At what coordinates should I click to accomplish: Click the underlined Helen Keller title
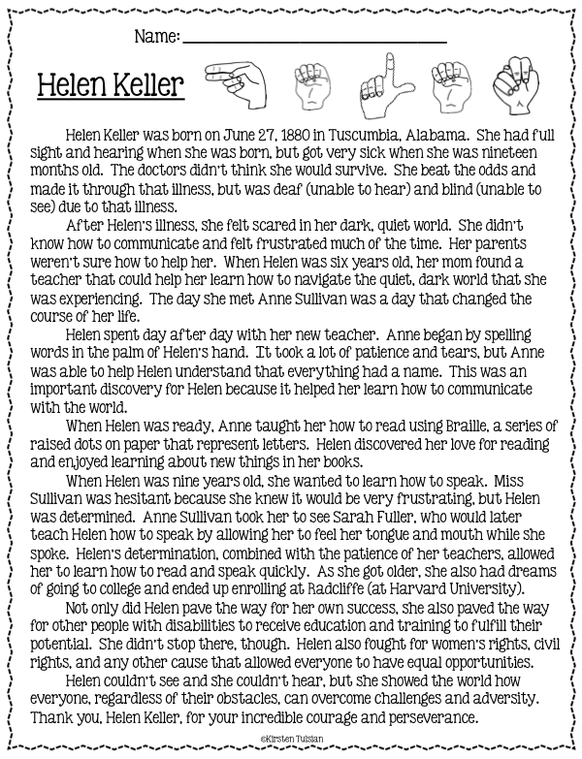click(x=110, y=87)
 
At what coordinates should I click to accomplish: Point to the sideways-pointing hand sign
click(x=234, y=84)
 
